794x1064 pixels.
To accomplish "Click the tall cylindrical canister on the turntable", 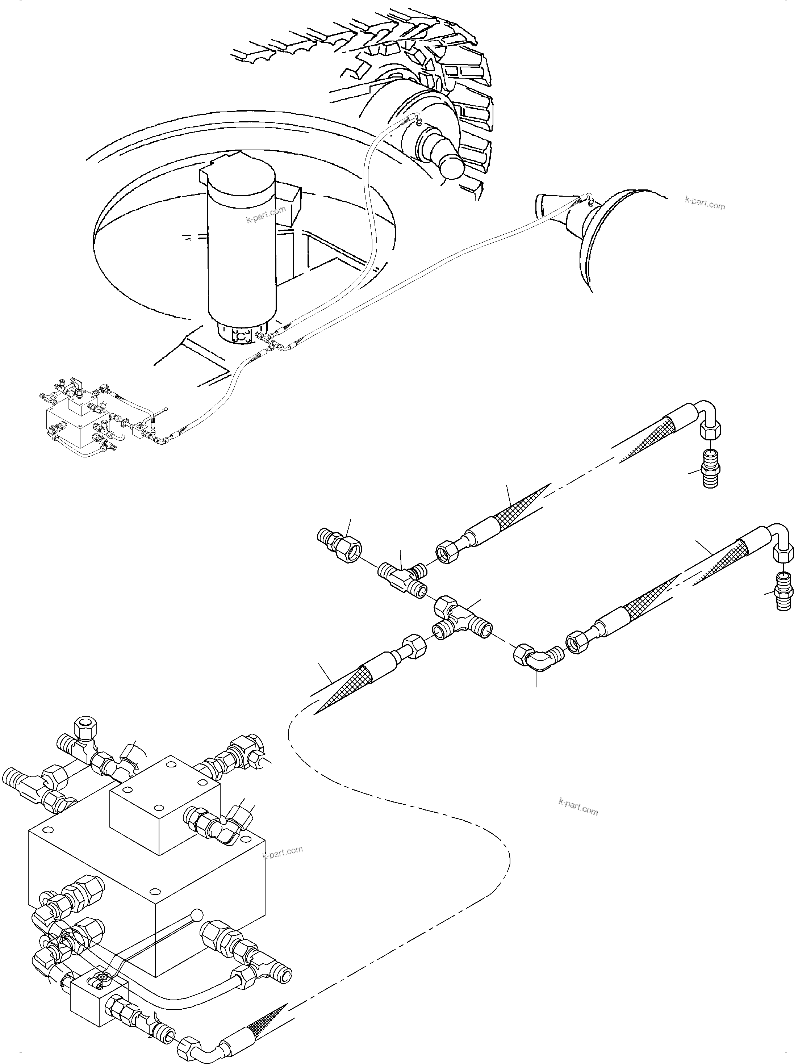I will point(240,250).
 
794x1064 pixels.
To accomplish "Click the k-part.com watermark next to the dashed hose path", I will point(579,807).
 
